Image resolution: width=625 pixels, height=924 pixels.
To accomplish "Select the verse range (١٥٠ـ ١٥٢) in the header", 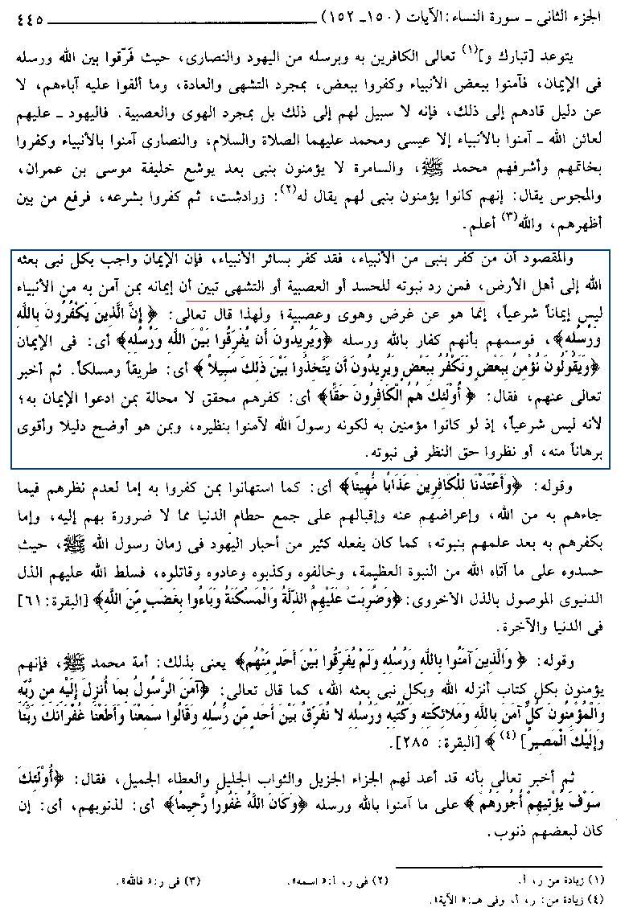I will pyautogui.click(x=352, y=14).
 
